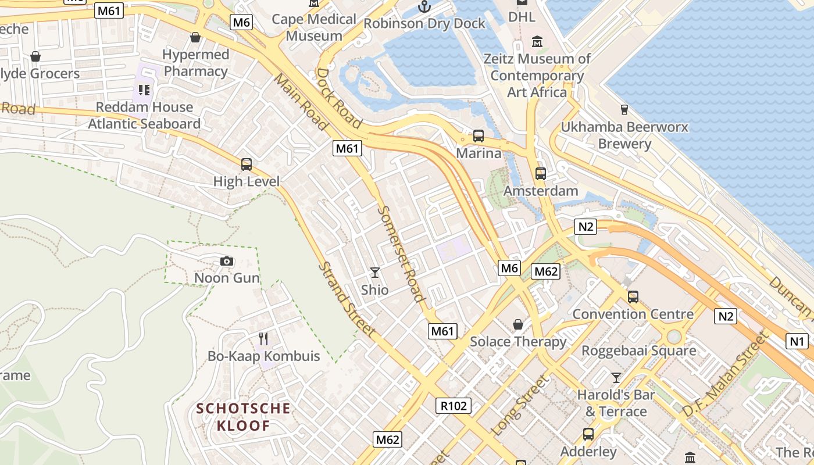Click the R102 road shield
pyautogui.click(x=454, y=406)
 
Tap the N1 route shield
pyautogui.click(x=797, y=341)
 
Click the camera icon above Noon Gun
pyautogui.click(x=227, y=262)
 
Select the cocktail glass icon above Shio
pyautogui.click(x=375, y=272)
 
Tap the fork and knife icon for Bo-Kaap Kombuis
pyautogui.click(x=263, y=338)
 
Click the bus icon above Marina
pyautogui.click(x=479, y=136)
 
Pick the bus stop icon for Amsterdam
pyautogui.click(x=541, y=173)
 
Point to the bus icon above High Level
pyautogui.click(x=247, y=164)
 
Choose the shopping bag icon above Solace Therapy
pyautogui.click(x=517, y=324)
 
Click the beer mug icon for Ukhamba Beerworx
pyautogui.click(x=624, y=109)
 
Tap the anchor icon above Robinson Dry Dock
pyautogui.click(x=424, y=6)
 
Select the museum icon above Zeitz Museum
pyautogui.click(x=537, y=42)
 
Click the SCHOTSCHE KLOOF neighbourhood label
pyautogui.click(x=244, y=417)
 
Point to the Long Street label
pyautogui.click(x=521, y=406)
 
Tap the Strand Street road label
pyautogui.click(x=347, y=299)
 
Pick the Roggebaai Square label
pyautogui.click(x=639, y=351)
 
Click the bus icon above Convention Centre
pyautogui.click(x=633, y=297)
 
